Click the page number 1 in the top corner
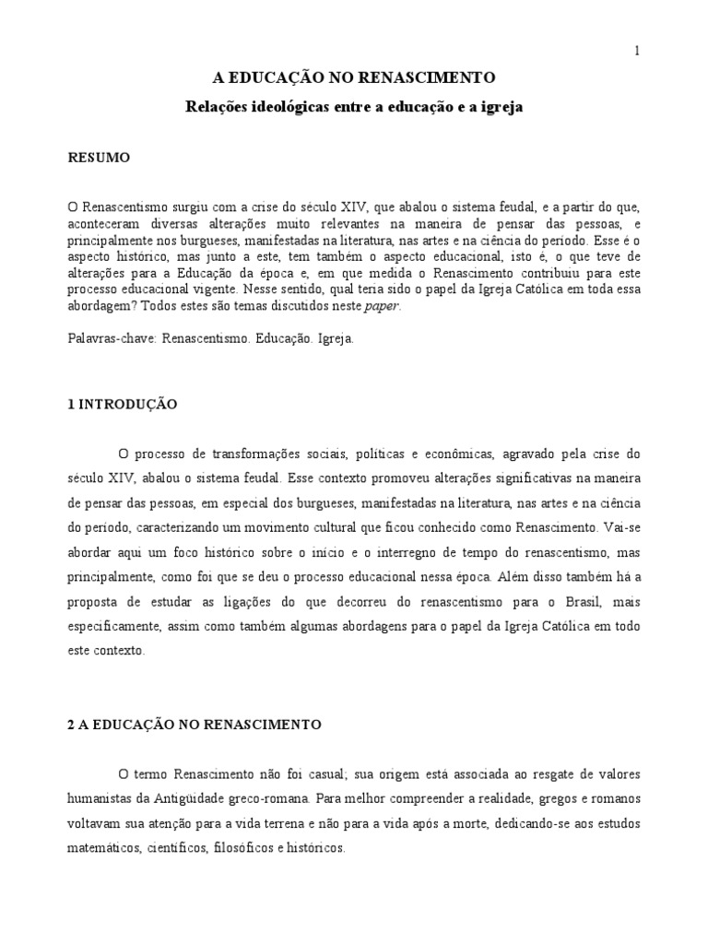point(636,52)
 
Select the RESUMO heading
point(100,158)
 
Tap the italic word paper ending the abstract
point(383,308)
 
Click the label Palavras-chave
point(112,338)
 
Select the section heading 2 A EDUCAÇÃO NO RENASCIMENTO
point(195,725)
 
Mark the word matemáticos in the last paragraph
point(101,846)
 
